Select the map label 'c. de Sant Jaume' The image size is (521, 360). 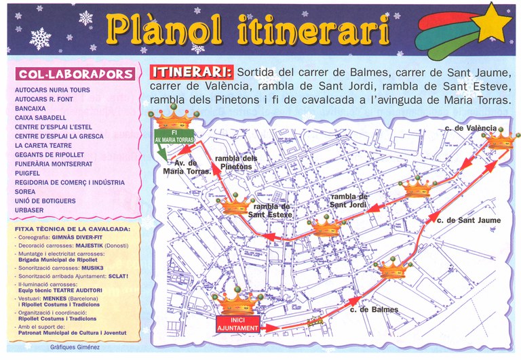tap(469, 220)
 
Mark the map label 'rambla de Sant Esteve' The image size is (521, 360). tap(271, 210)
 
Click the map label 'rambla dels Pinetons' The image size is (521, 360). tap(235, 163)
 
